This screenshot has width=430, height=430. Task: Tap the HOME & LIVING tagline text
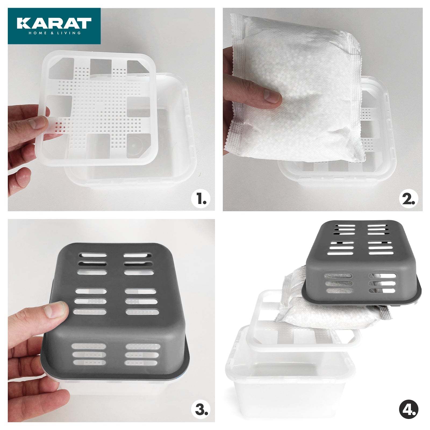click(55, 33)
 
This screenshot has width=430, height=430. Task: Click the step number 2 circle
click(408, 199)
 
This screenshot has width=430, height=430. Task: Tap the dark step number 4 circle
click(408, 410)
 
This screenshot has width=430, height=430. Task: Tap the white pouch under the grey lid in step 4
click(322, 314)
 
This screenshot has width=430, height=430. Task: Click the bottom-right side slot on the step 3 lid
click(141, 363)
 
